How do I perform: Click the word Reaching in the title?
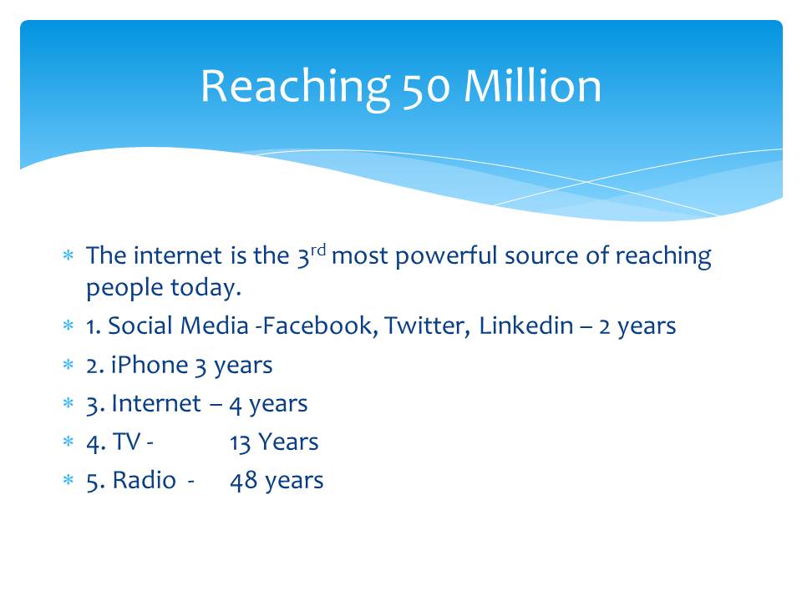(x=295, y=88)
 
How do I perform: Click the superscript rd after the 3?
(x=318, y=250)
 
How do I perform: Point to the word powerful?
(x=446, y=256)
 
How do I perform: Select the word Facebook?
(x=320, y=326)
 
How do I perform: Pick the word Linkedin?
(x=525, y=326)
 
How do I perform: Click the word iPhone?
(x=150, y=365)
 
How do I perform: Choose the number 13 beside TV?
(x=240, y=442)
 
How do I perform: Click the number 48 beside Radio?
(x=243, y=481)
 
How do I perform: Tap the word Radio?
(x=145, y=480)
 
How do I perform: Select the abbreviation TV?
(x=126, y=442)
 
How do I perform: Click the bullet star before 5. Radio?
(x=68, y=480)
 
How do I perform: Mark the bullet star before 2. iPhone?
(x=68, y=365)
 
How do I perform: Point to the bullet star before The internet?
(x=68, y=255)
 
